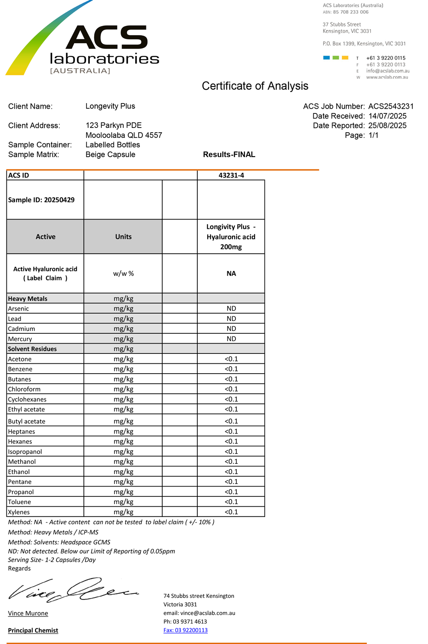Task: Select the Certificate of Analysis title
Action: [255, 86]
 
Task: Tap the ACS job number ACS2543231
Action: [391, 107]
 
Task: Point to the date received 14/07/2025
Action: [387, 116]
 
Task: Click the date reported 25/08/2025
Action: [387, 125]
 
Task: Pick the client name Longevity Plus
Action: [110, 106]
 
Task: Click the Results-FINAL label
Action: [229, 154]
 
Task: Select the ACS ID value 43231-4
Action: [231, 175]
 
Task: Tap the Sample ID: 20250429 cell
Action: [42, 200]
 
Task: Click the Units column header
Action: [123, 237]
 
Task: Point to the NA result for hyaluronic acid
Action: [231, 273]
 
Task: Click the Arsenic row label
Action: [18, 309]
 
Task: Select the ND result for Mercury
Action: [231, 338]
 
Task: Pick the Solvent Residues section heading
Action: [33, 349]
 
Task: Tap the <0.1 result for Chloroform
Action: [231, 389]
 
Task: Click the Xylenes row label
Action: [19, 512]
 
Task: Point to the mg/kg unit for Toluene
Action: [123, 502]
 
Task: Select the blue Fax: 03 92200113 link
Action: [185, 630]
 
